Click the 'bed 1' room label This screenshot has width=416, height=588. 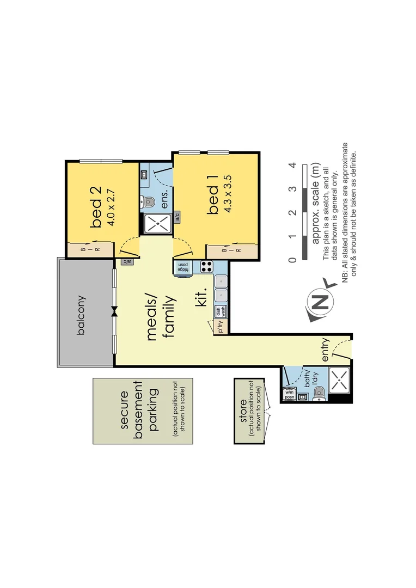[x=213, y=199]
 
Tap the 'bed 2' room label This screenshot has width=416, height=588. [x=96, y=208]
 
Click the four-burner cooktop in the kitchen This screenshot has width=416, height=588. [x=206, y=266]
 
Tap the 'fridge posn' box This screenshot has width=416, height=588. [x=183, y=266]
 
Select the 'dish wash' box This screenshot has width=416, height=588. [x=221, y=311]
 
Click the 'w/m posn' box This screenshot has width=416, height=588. [x=289, y=394]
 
